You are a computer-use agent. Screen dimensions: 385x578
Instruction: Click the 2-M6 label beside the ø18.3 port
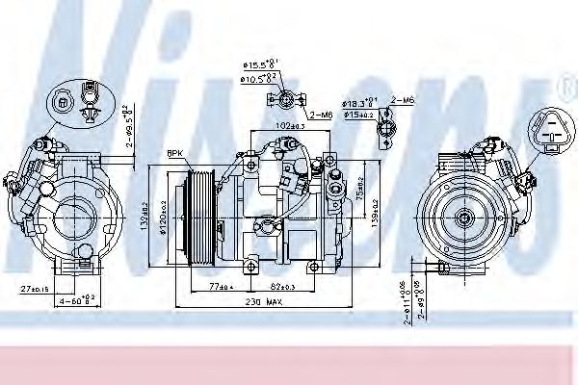(405, 99)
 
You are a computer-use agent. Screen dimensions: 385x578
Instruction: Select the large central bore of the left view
(76, 216)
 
